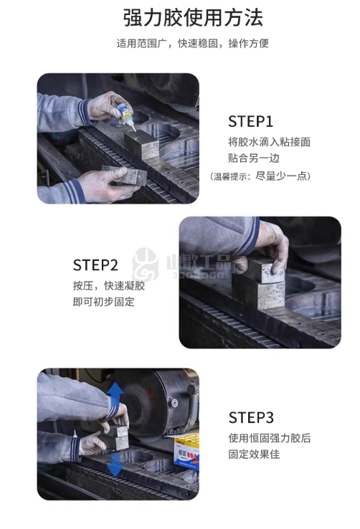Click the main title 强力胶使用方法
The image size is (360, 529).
point(193,17)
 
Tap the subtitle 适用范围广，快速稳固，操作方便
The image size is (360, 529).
point(193,44)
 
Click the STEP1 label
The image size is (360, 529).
point(250,121)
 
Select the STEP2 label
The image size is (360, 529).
point(95,265)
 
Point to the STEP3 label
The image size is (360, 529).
point(251,418)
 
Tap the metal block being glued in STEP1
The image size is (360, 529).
point(141,144)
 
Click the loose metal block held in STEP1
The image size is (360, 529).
point(124,176)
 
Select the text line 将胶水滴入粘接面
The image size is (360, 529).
point(269,142)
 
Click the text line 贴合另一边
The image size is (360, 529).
point(254,158)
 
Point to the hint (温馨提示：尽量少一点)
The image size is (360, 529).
point(260,176)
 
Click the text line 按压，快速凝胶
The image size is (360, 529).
point(109,286)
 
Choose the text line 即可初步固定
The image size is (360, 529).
point(103,302)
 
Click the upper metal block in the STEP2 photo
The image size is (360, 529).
point(263,270)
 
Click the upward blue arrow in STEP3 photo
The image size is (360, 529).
point(115,394)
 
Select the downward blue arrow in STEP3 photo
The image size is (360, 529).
point(115,464)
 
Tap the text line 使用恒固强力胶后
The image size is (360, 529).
point(270,438)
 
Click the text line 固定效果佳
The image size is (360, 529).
point(254,454)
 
